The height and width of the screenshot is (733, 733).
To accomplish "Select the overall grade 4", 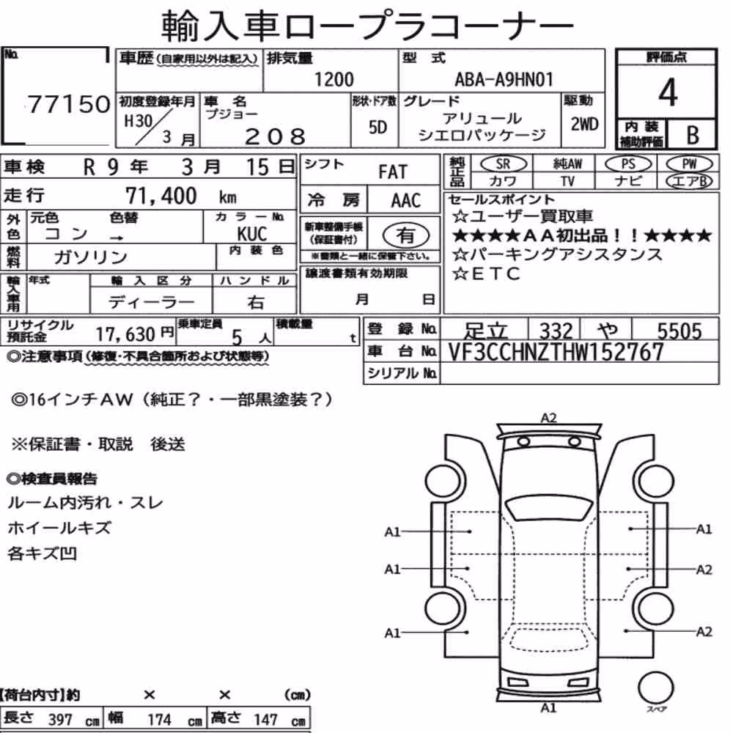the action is click(668, 92).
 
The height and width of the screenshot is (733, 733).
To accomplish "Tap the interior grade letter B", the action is click(693, 135).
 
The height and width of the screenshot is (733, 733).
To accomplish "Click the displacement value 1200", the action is click(334, 79).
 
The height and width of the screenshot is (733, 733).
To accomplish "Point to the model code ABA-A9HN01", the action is click(504, 79).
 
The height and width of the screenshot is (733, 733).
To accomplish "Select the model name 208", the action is click(275, 137).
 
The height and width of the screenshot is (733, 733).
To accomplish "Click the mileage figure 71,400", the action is click(161, 196).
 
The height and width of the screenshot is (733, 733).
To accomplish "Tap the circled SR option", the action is click(503, 164).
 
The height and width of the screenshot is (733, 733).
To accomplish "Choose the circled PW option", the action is click(689, 164).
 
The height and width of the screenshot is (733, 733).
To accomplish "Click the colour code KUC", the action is click(252, 234).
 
